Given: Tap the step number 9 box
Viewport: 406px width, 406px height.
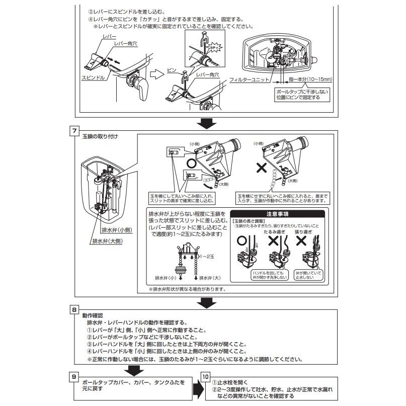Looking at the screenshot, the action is point(73,375).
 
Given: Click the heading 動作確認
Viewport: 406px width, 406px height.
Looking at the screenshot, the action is point(93,315).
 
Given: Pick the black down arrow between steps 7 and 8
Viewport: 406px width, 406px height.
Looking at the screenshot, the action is point(206,302).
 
